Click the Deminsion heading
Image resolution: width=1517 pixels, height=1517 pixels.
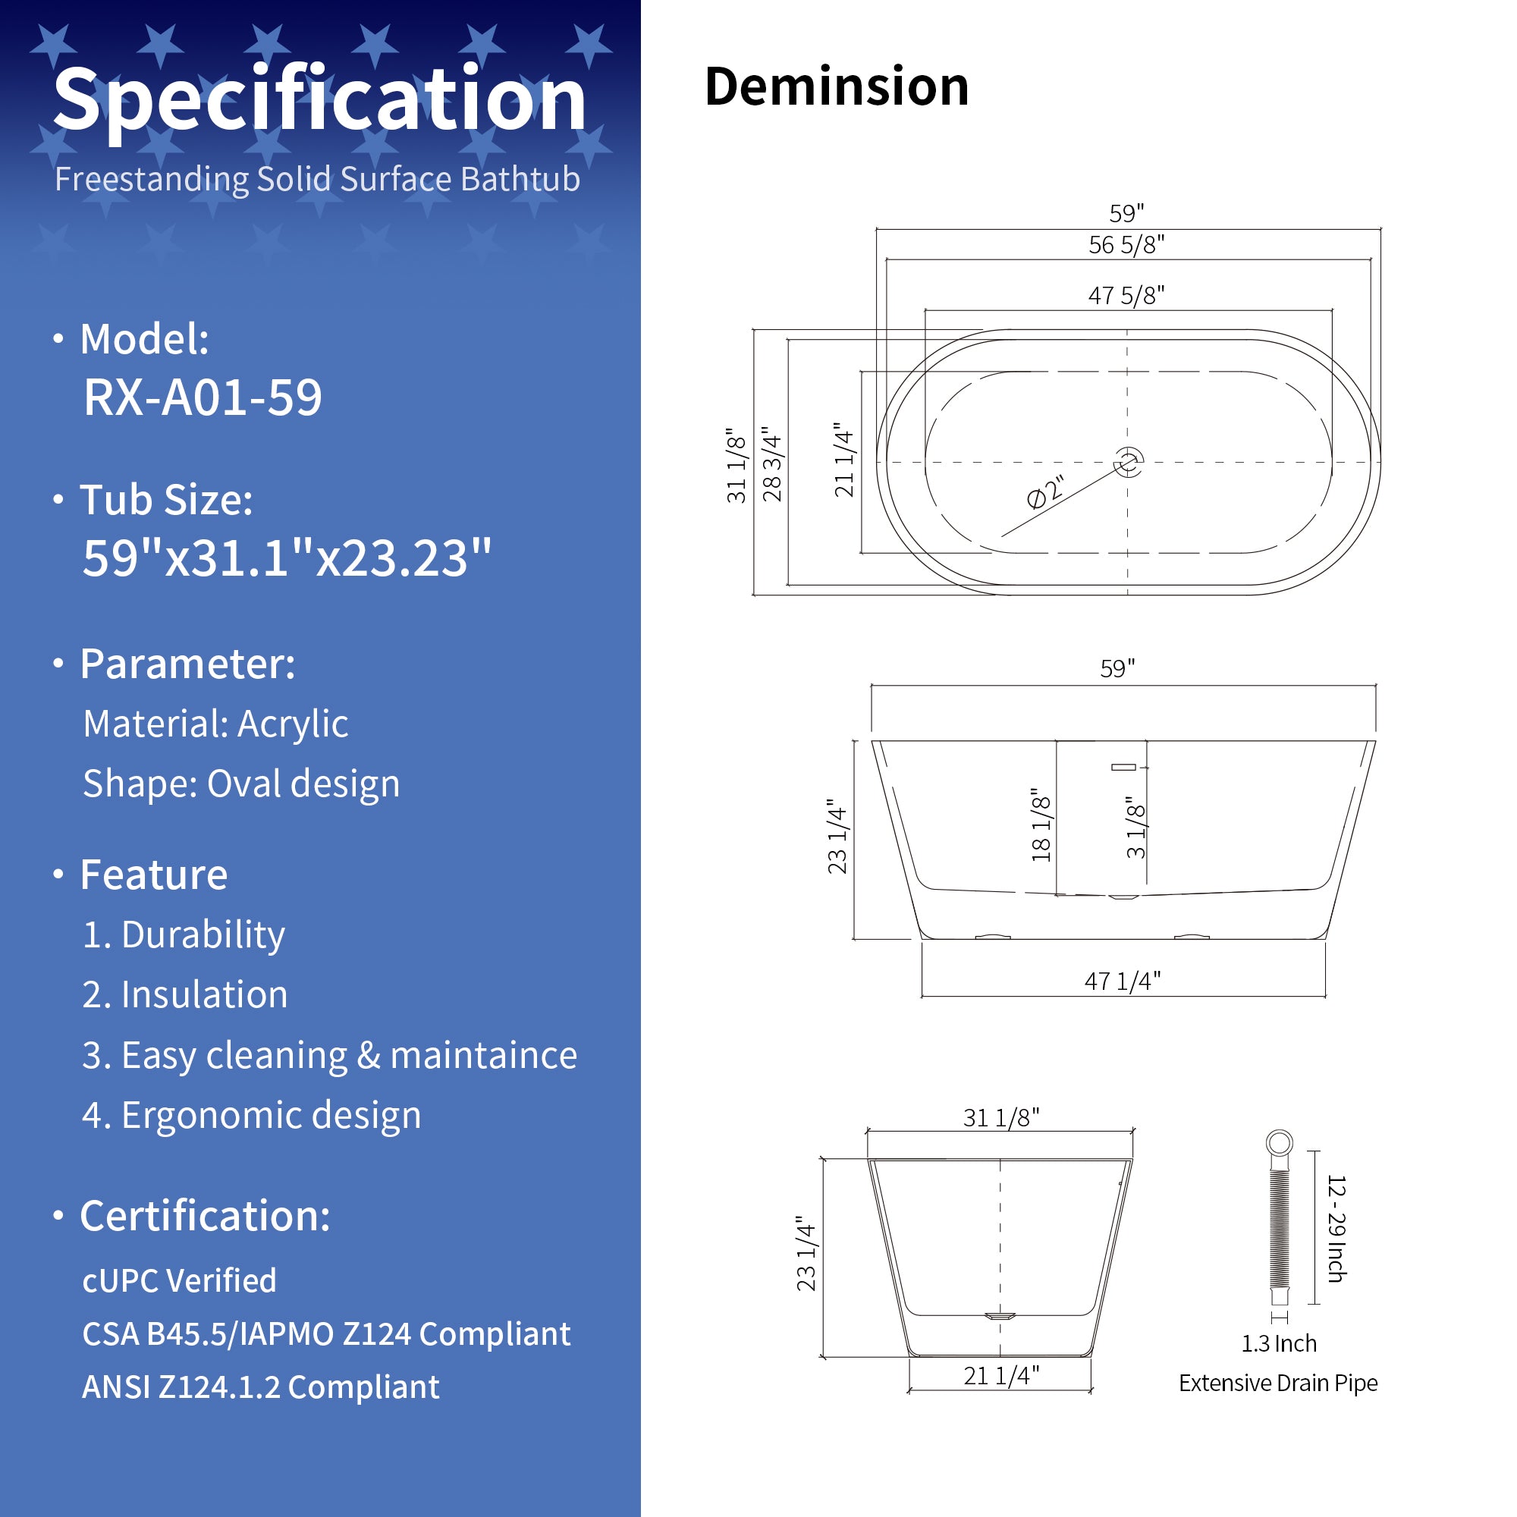pyautogui.click(x=836, y=86)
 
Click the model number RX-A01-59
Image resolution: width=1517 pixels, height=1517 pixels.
pyautogui.click(x=203, y=397)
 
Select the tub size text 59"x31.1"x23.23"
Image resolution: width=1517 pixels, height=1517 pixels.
pyautogui.click(x=287, y=558)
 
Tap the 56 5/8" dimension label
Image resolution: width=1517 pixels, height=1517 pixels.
pyautogui.click(x=1126, y=245)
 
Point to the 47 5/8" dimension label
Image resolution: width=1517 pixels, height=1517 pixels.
pyautogui.click(x=1126, y=296)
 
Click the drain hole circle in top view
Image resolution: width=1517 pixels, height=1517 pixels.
pyautogui.click(x=1129, y=462)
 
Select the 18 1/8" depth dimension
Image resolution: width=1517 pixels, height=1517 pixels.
pyautogui.click(x=1041, y=825)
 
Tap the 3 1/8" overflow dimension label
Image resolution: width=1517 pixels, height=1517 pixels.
pyautogui.click(x=1136, y=828)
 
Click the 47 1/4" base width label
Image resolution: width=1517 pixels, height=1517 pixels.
pyautogui.click(x=1122, y=981)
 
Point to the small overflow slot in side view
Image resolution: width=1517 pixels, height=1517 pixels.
pyautogui.click(x=1123, y=767)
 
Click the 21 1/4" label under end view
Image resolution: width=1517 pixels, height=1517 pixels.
pyautogui.click(x=1001, y=1376)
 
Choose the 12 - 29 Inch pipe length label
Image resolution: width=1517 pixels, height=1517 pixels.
pyautogui.click(x=1336, y=1229)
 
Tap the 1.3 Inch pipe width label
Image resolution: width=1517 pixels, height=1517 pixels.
pyautogui.click(x=1278, y=1343)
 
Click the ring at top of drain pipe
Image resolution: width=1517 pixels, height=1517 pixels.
pyautogui.click(x=1279, y=1142)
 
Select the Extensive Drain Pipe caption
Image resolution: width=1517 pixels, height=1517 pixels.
pyautogui.click(x=1277, y=1383)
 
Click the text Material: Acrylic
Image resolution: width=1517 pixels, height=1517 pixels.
pyautogui.click(x=215, y=724)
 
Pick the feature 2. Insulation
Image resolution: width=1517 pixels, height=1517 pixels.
pyautogui.click(x=184, y=995)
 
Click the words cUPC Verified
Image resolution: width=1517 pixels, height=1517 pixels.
pyautogui.click(x=179, y=1280)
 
